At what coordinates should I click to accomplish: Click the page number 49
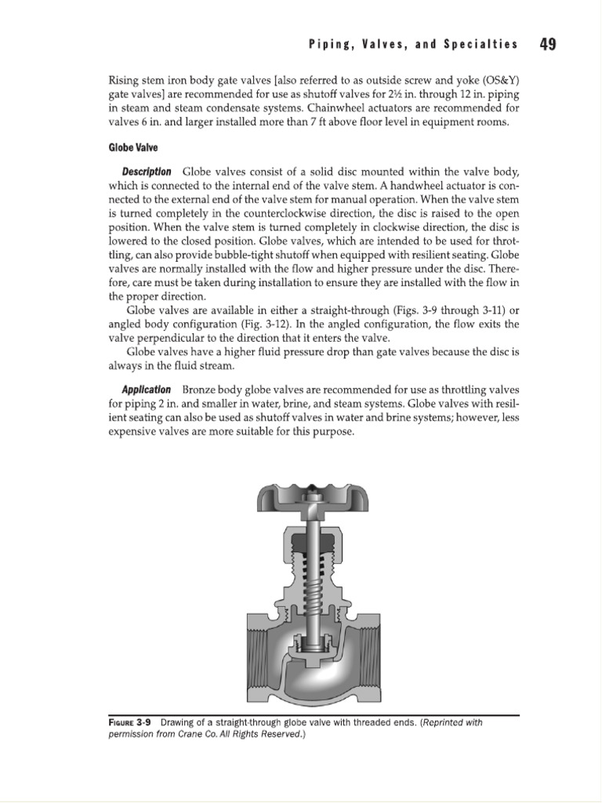pyautogui.click(x=548, y=44)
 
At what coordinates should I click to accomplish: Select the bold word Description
pyautogui.click(x=146, y=172)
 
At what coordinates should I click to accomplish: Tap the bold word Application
pyautogui.click(x=146, y=390)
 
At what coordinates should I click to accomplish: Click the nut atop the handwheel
pyautogui.click(x=313, y=496)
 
